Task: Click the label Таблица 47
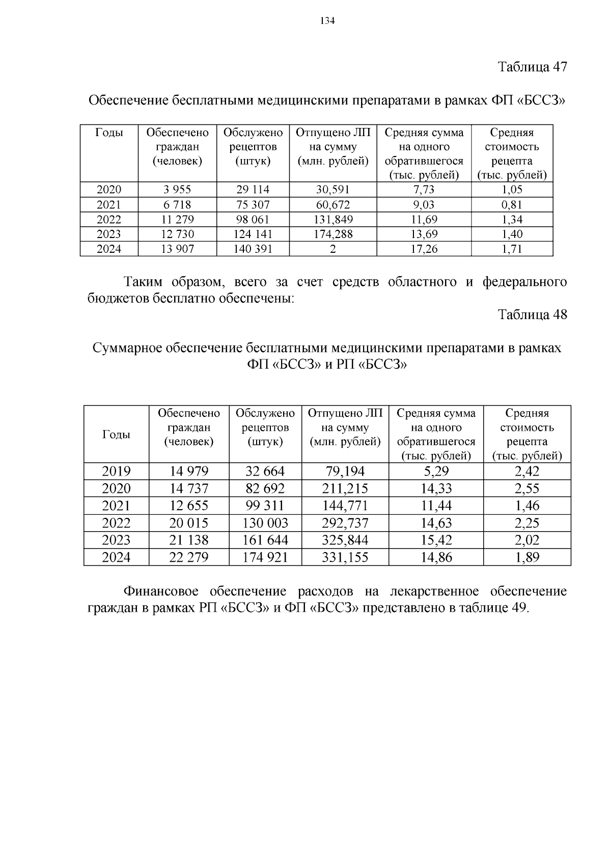click(532, 67)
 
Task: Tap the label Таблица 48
click(532, 314)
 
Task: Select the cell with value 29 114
click(253, 190)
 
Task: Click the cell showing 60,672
click(332, 205)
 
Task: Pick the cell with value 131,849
click(332, 220)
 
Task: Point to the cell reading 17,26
click(424, 249)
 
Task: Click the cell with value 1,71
click(512, 249)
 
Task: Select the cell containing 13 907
click(177, 249)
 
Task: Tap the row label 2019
click(116, 471)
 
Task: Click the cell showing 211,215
click(345, 488)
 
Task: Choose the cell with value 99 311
click(265, 506)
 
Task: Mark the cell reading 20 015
click(189, 523)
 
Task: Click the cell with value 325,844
click(345, 540)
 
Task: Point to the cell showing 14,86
click(436, 558)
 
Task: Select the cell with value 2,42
click(527, 471)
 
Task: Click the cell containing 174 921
click(265, 558)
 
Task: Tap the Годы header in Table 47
click(109, 133)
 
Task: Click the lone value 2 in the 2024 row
click(332, 249)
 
